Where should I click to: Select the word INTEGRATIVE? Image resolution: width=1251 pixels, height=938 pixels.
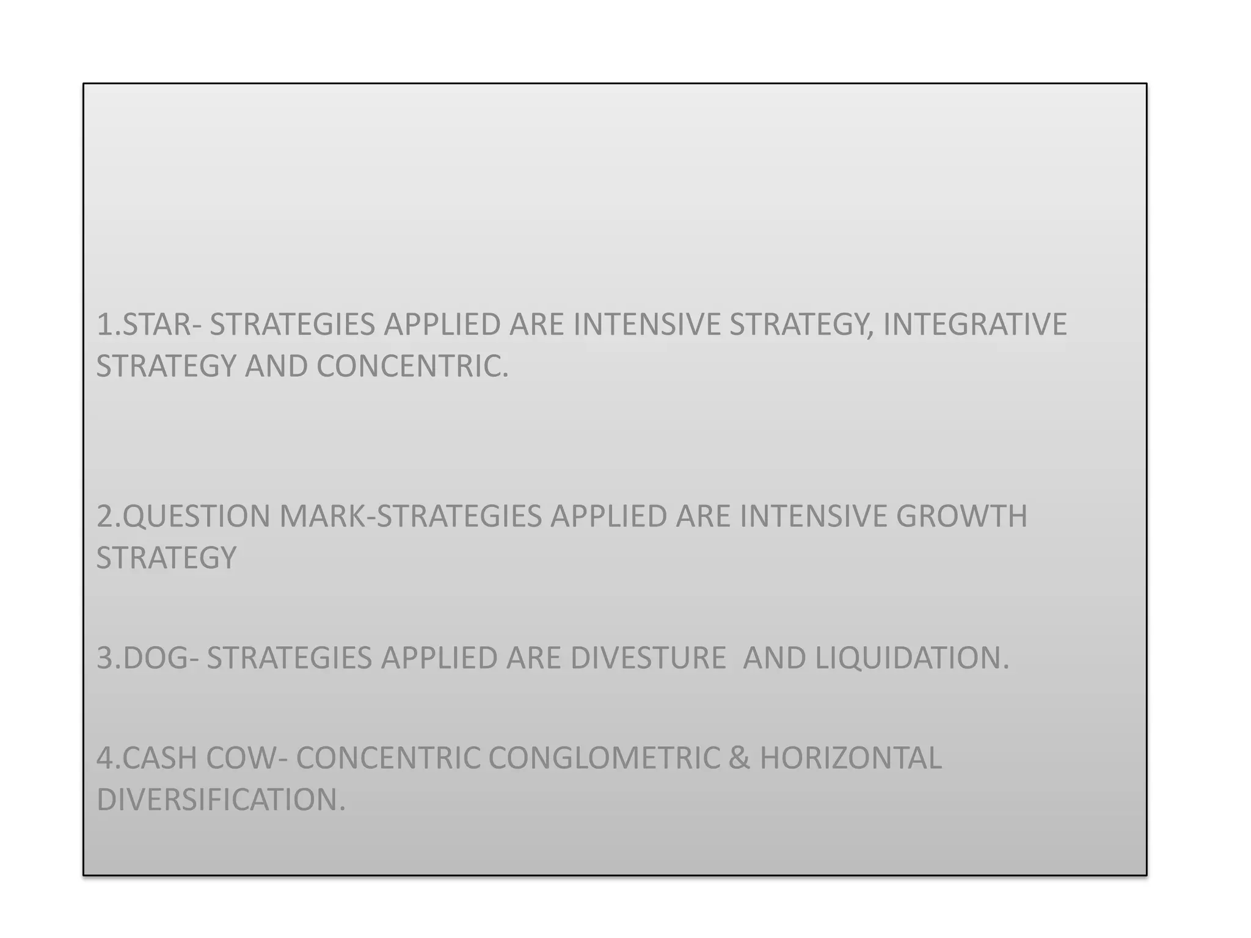point(975,324)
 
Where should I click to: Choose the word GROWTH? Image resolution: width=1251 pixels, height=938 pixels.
point(961,516)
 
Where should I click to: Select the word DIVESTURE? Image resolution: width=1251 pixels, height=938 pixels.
point(648,658)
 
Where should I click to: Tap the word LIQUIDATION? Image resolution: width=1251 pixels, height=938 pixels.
point(912,658)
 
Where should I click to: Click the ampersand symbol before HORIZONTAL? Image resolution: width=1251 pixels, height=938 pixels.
point(739,758)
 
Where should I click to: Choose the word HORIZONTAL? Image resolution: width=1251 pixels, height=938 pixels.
point(850,758)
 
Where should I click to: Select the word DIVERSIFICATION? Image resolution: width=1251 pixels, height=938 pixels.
point(221,800)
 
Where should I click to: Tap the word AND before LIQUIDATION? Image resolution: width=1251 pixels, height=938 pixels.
point(774,658)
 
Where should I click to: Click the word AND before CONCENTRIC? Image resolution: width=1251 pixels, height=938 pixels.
point(276,366)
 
